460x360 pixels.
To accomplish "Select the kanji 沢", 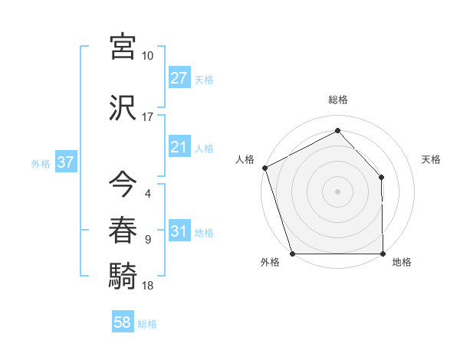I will pyautogui.click(x=123, y=106).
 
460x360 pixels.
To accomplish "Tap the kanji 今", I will pyautogui.click(x=123, y=184).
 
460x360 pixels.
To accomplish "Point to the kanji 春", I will pyautogui.click(x=123, y=229).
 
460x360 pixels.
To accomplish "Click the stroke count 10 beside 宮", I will pyautogui.click(x=147, y=56).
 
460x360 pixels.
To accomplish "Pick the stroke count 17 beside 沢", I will pyautogui.click(x=147, y=117).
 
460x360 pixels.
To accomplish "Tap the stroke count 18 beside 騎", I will pyautogui.click(x=147, y=286).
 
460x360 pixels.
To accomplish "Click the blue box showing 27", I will pyautogui.click(x=179, y=77).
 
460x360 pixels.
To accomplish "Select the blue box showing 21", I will pyautogui.click(x=179, y=147).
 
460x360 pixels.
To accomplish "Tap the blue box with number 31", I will pyautogui.click(x=179, y=231).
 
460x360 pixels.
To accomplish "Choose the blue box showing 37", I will pyautogui.click(x=65, y=162).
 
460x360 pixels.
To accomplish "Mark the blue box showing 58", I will pyautogui.click(x=122, y=322).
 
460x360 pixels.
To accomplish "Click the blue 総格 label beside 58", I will pyautogui.click(x=147, y=324).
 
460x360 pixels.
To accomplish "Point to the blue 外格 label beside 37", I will pyautogui.click(x=41, y=163).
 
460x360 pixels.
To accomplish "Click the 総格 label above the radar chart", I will pyautogui.click(x=337, y=100).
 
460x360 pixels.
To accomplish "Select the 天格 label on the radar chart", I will pyautogui.click(x=432, y=159).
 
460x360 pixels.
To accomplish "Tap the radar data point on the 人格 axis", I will pyautogui.click(x=264, y=168).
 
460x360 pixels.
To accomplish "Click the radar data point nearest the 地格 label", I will pyautogui.click(x=383, y=254).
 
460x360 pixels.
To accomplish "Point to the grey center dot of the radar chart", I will pyautogui.click(x=337, y=191).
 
